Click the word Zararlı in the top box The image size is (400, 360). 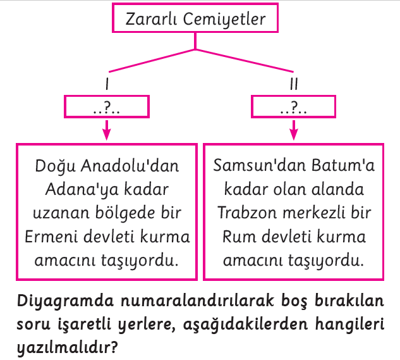(x=151, y=19)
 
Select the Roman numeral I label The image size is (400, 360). (x=107, y=84)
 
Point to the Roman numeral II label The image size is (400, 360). (x=294, y=84)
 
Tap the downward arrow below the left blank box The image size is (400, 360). (x=107, y=130)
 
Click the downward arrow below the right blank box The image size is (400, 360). (x=294, y=130)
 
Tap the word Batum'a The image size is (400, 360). (x=343, y=165)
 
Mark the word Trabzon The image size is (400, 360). (x=247, y=213)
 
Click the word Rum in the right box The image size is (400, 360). (x=239, y=237)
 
